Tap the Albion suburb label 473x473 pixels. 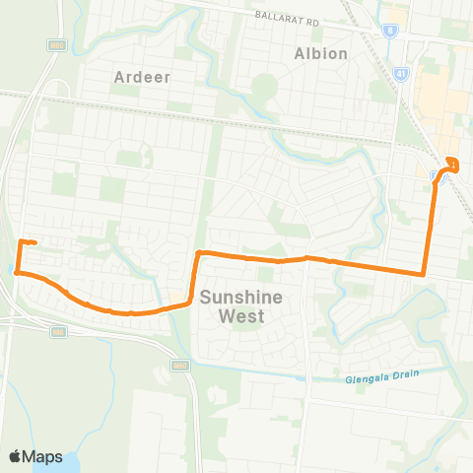pyautogui.click(x=321, y=53)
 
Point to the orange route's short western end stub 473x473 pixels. pyautogui.click(x=29, y=241)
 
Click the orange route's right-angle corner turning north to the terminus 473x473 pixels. pyautogui.click(x=424, y=274)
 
